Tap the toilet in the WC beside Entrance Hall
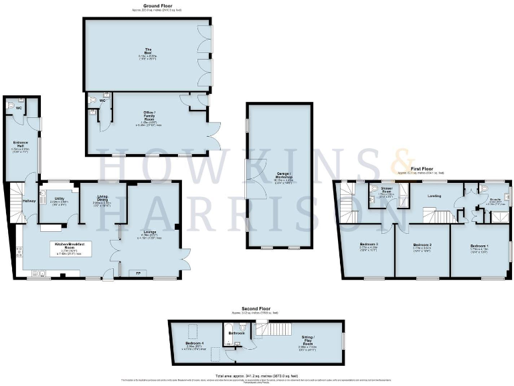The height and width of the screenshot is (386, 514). tap(9, 107)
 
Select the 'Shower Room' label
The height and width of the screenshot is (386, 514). tap(387, 190)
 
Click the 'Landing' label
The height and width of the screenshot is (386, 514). tap(434, 196)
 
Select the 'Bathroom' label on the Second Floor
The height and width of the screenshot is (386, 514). tap(236, 332)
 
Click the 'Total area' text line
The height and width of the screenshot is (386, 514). tap(257, 376)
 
